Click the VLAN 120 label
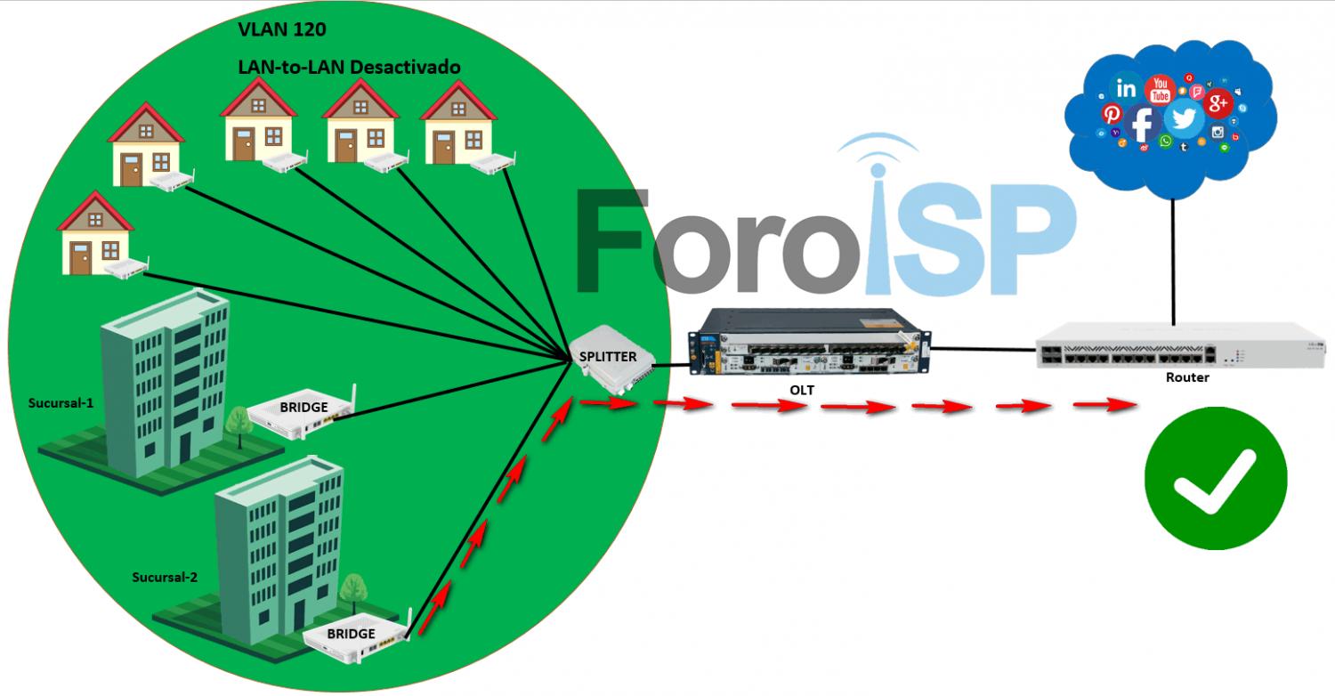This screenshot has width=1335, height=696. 281,29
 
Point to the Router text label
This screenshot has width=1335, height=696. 1187,377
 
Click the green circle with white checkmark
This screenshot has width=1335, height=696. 1216,479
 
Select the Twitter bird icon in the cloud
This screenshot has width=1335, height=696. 1184,118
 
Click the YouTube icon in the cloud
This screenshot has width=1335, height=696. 1160,90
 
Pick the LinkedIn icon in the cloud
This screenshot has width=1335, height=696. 1127,89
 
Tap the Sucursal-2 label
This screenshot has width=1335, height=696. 165,577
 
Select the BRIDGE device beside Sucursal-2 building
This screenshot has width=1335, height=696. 356,635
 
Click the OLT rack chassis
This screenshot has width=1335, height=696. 810,344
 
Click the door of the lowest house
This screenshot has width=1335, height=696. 81,258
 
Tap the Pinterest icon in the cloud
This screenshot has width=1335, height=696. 1112,114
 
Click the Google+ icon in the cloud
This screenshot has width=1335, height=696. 1218,104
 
